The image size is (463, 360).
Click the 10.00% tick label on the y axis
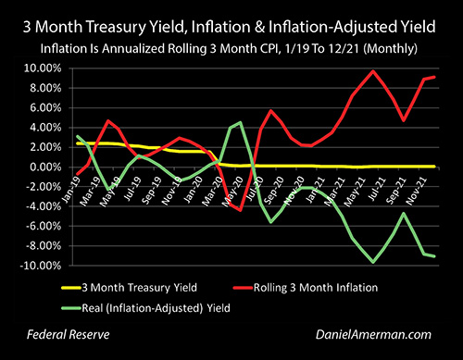[43, 68]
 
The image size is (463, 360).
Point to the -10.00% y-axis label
[41, 266]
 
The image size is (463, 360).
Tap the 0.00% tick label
[45, 168]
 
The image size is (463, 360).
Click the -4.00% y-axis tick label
[44, 206]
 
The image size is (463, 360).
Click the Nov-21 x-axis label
[418, 192]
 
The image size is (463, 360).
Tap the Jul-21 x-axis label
[378, 190]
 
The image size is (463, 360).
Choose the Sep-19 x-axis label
[152, 191]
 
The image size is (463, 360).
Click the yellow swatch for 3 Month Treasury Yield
[71, 288]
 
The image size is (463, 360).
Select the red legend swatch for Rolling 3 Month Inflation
[243, 288]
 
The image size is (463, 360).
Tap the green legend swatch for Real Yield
[71, 308]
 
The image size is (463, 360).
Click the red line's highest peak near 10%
[373, 71]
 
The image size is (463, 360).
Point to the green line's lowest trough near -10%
[373, 262]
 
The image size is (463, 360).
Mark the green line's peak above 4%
[241, 122]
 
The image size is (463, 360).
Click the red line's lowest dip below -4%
[241, 210]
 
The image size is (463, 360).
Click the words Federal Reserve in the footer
[69, 335]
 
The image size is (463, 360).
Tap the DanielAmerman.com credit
[373, 335]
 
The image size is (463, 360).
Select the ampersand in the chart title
[259, 27]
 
